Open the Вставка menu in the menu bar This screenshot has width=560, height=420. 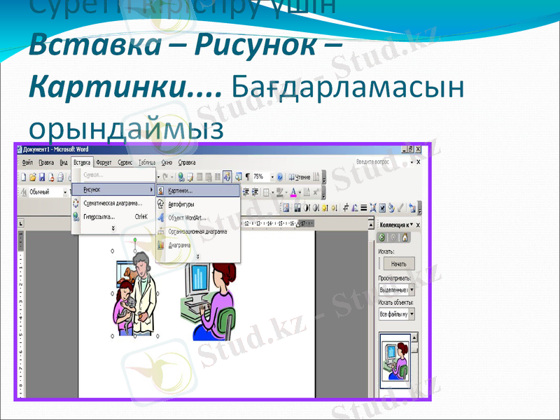pos(82,162)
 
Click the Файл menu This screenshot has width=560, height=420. pos(27,162)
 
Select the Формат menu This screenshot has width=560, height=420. pos(104,162)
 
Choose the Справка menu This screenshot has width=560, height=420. pos(187,162)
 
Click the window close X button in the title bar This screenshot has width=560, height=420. pos(418,150)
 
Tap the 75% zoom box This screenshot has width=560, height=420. pos(260,177)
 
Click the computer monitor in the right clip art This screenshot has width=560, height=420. pos(198,283)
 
